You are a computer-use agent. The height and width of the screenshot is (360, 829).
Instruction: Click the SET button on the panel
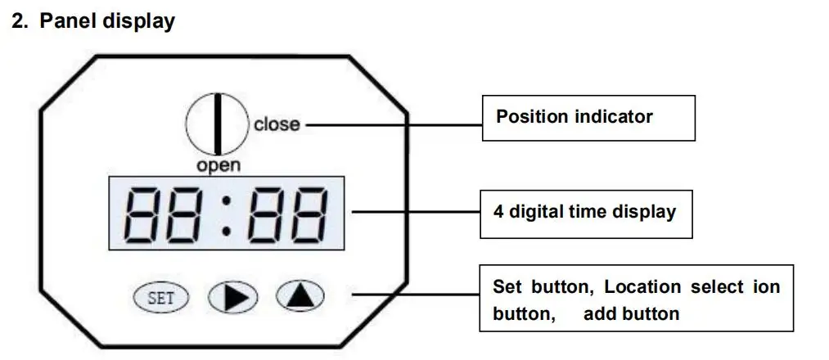160,298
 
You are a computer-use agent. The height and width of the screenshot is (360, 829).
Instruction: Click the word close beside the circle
277,125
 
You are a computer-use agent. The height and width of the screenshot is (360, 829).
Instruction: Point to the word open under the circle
219,165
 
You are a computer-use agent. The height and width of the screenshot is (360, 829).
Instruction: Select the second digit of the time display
187,211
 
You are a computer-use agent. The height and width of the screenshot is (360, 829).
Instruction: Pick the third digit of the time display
267,211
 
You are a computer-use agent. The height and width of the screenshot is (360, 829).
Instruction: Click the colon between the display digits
227,211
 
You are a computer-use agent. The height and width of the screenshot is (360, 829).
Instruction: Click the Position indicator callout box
587,117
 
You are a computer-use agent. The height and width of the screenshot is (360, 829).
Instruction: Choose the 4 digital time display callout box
587,213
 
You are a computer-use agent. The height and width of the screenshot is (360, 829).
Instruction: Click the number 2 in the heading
17,22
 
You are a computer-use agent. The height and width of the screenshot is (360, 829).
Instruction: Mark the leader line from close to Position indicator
393,125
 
